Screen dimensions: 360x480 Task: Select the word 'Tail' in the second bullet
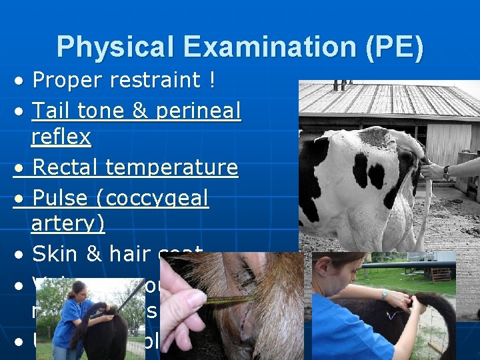click(55, 109)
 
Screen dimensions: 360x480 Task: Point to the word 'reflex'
click(61, 137)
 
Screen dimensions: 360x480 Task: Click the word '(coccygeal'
click(155, 199)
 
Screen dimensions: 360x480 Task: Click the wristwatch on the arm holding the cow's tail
click(446, 171)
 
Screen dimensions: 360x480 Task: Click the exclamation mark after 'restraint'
click(211, 80)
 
